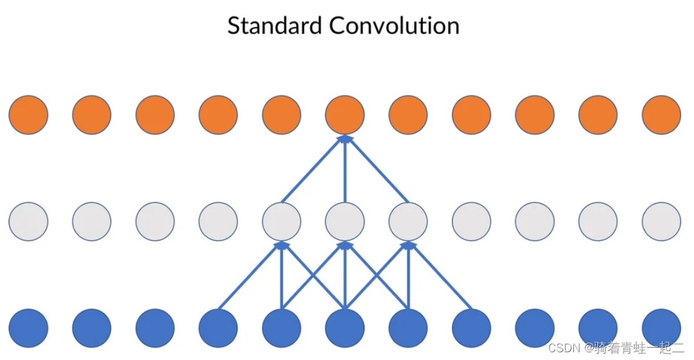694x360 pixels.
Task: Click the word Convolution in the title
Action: coord(394,26)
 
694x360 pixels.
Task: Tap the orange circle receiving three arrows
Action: coord(345,115)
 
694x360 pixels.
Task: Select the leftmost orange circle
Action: coord(28,115)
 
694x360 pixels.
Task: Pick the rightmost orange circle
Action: coord(661,115)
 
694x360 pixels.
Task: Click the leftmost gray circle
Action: coord(28,221)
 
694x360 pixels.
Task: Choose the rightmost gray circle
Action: coord(661,221)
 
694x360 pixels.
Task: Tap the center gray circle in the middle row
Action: coord(345,221)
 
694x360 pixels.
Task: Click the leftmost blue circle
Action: coord(28,328)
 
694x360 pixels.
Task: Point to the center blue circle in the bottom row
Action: coord(345,328)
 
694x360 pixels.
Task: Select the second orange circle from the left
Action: coord(92,115)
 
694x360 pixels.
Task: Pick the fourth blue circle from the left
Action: coord(218,328)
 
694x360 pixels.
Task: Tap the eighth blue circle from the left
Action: coord(471,328)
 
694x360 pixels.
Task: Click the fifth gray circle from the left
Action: coord(281,221)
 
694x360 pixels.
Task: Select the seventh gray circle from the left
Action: coord(408,221)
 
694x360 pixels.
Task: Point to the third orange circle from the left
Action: coord(155,115)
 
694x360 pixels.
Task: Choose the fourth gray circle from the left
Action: coord(218,221)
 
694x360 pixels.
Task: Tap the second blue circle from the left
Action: coord(92,328)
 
